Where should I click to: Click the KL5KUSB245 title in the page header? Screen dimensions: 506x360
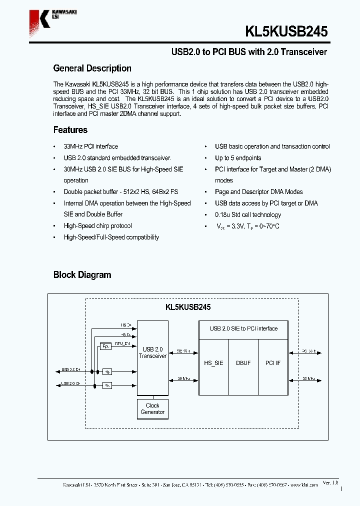(286, 31)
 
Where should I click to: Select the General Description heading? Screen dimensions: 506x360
(92, 68)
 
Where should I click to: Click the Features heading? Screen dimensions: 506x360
(70, 130)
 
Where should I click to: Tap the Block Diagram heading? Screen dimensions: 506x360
(82, 275)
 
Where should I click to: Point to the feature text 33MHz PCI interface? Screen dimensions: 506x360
(90, 146)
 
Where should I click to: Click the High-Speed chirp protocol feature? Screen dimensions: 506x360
(97, 226)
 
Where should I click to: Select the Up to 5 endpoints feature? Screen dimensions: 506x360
(238, 158)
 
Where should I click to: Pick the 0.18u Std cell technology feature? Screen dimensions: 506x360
(248, 215)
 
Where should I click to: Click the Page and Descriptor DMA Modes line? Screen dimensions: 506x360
(258, 192)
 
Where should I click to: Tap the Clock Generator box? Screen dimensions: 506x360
(152, 409)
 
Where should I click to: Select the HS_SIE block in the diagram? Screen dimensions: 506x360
(214, 363)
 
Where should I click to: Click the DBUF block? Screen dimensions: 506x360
(243, 363)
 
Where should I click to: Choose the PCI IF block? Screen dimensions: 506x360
(273, 363)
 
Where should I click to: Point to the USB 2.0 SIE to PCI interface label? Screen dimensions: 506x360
(243, 328)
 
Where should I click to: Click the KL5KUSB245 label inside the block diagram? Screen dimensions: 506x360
(188, 307)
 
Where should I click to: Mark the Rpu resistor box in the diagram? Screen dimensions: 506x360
(105, 346)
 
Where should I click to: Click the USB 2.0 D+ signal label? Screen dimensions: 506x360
(70, 370)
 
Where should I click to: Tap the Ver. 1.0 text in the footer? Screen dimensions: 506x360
(330, 482)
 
